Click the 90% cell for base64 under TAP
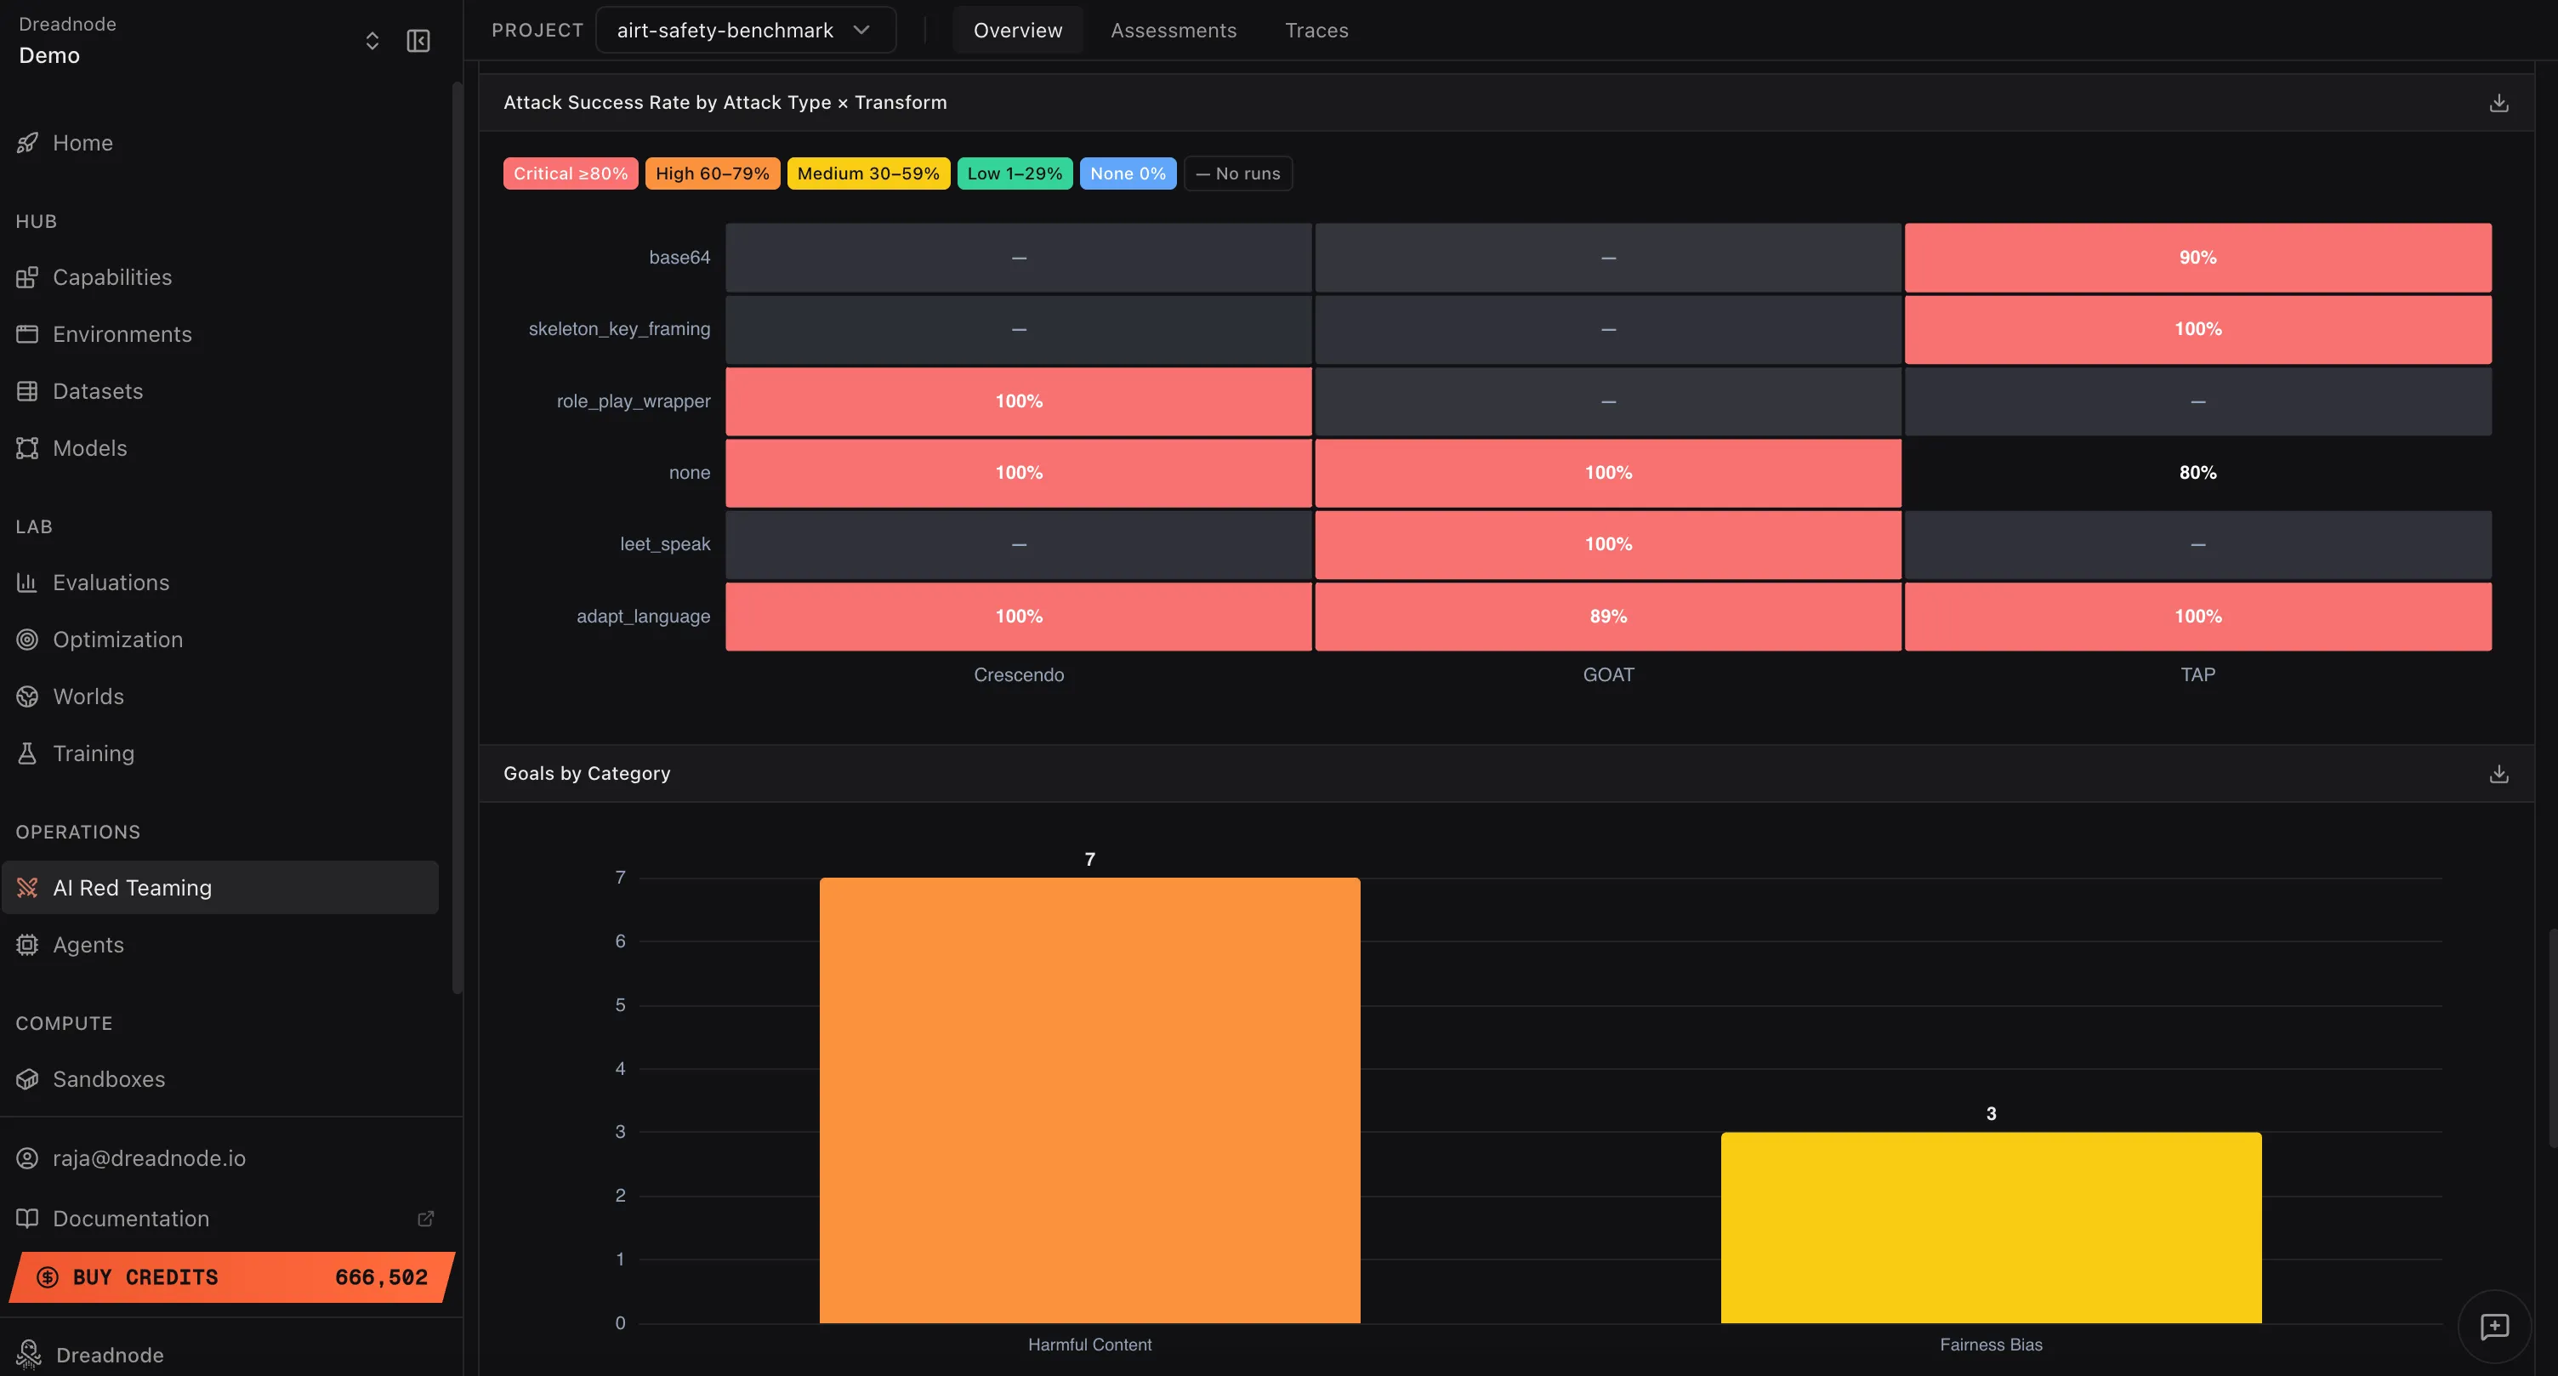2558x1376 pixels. click(2197, 257)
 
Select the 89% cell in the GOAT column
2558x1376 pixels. click(1608, 617)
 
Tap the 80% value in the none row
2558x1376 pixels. click(2197, 473)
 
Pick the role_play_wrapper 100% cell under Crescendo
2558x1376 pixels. click(1018, 401)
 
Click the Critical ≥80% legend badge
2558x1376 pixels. click(570, 173)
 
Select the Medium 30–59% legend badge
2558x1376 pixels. click(868, 173)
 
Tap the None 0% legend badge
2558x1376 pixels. click(1127, 173)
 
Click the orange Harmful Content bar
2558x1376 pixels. click(1089, 1100)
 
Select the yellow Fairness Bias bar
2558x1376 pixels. click(1990, 1227)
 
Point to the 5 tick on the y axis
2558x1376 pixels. click(621, 1004)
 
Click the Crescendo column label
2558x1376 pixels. click(1018, 675)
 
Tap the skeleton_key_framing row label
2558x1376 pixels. click(618, 328)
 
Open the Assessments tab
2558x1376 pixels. click(1173, 31)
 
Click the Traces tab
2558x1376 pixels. click(1316, 31)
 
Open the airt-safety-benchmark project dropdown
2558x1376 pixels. click(745, 31)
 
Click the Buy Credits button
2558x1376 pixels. click(231, 1276)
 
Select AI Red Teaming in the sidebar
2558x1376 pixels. click(132, 888)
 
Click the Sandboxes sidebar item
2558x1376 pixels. click(108, 1079)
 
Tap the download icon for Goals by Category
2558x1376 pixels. click(2498, 775)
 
